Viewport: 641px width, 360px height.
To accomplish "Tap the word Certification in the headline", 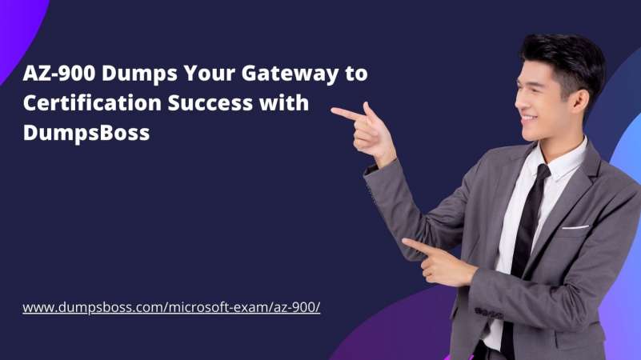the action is point(92,102).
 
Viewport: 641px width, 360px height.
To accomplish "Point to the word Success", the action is point(210,102).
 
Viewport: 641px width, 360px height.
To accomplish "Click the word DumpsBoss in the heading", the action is point(86,132).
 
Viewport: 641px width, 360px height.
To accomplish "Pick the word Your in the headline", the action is point(210,73).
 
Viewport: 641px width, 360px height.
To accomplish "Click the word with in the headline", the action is point(284,102).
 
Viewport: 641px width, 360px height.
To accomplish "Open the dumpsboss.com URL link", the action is point(171,307).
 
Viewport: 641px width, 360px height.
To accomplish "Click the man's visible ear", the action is point(580,102).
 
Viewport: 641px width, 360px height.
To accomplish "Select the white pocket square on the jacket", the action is point(575,226).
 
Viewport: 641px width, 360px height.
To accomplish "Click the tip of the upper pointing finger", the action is point(332,110).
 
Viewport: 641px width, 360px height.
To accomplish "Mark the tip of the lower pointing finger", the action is point(404,241).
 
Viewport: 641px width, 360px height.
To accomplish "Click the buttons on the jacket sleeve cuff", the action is point(488,314).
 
